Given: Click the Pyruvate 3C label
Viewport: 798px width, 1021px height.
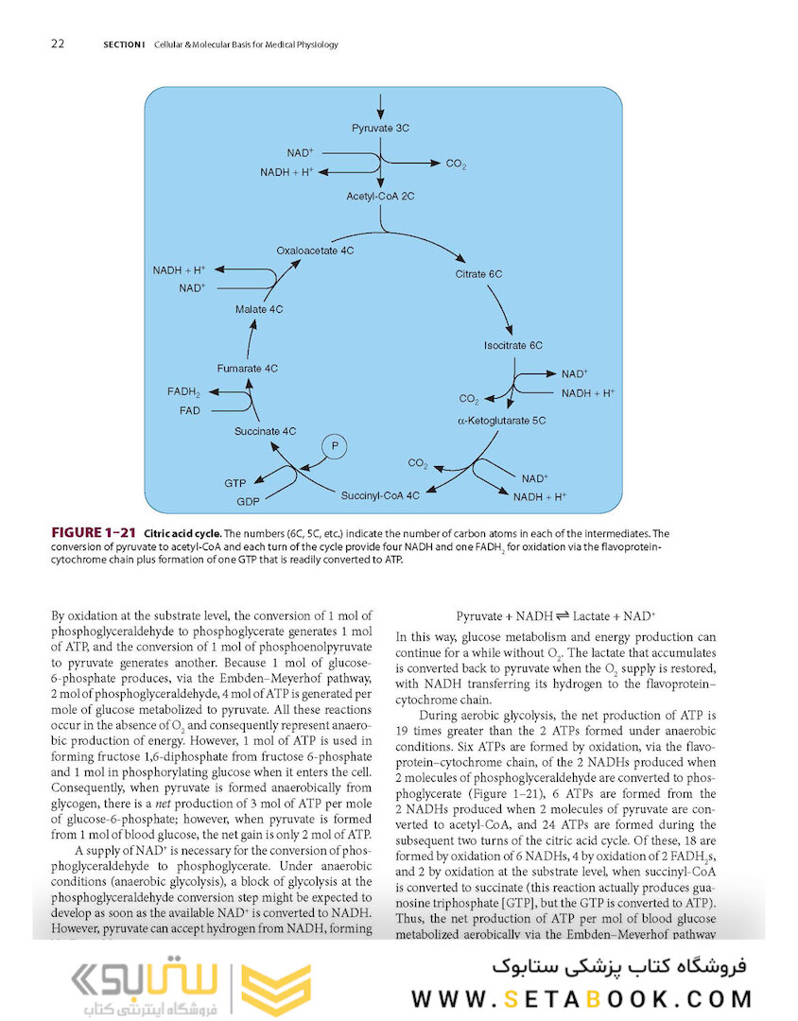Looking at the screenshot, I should click(380, 128).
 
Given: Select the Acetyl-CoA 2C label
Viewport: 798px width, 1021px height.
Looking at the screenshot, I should click(380, 196).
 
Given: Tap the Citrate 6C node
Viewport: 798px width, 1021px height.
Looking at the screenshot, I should click(478, 274).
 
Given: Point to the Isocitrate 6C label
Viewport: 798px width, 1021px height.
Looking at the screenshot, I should click(513, 346).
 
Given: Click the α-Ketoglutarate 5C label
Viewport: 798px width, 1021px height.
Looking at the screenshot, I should click(501, 419).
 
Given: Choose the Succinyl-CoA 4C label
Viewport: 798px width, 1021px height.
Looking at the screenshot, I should click(380, 493).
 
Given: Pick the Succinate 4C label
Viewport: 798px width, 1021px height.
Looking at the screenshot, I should click(266, 431).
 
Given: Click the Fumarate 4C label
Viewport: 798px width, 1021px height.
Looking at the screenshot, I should click(248, 368).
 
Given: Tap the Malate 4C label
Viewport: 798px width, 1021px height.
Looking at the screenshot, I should click(259, 309).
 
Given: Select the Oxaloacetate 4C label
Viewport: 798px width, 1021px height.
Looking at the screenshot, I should click(315, 251).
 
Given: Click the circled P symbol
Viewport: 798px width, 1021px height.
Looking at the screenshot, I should click(334, 446).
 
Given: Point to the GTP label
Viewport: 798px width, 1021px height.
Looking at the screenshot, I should click(235, 483).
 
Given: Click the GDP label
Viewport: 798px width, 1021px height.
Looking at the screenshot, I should click(248, 501).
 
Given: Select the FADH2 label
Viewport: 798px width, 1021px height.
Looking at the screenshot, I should click(184, 391).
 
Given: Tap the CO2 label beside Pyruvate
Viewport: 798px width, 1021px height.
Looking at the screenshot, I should click(456, 164).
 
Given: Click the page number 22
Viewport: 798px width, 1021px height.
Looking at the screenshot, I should click(58, 43).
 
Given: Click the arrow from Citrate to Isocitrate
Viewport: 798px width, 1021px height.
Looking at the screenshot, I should click(500, 309).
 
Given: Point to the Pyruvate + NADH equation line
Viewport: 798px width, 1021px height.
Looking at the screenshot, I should click(556, 615).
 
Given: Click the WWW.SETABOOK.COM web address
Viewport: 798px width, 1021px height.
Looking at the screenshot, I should click(581, 998).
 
